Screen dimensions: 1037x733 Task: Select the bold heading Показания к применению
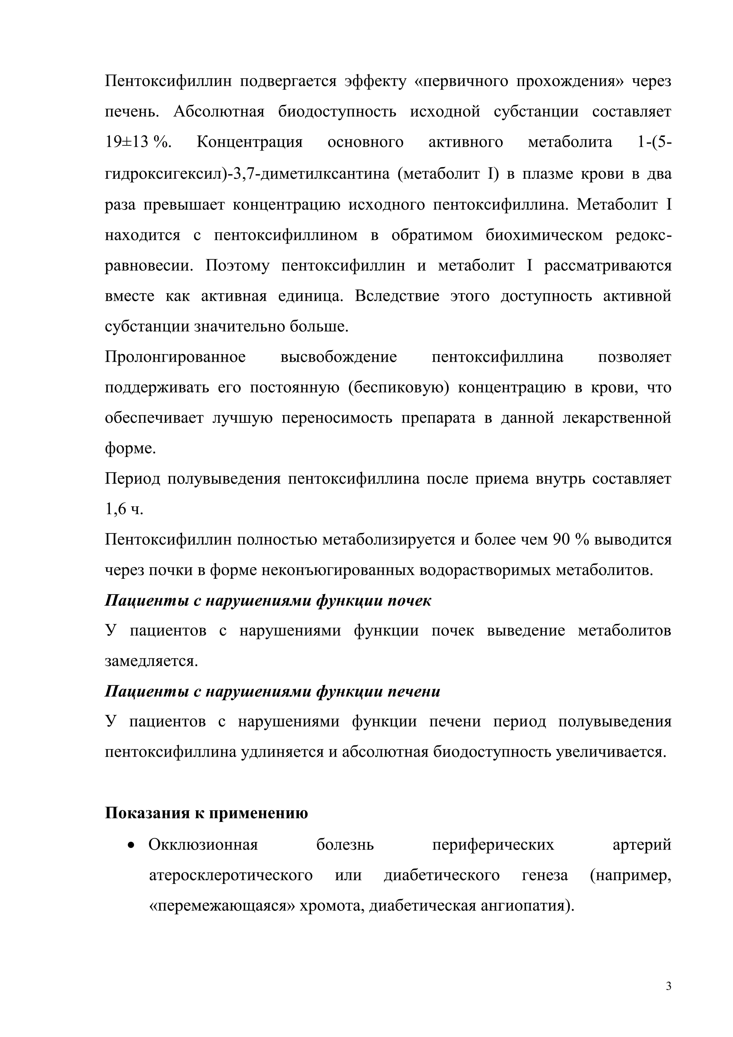tap(206, 813)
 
